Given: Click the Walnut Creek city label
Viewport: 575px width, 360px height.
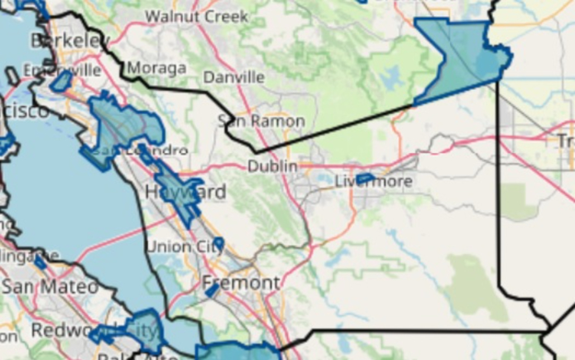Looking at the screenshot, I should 197,16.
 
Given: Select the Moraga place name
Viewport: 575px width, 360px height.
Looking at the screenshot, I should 157,68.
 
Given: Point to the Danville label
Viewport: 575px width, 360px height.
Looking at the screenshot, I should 233,77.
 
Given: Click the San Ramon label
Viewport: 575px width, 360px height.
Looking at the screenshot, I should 261,121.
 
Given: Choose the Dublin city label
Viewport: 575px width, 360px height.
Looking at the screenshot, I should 272,166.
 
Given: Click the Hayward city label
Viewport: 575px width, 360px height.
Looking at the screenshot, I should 185,193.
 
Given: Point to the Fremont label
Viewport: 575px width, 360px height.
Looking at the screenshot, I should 241,283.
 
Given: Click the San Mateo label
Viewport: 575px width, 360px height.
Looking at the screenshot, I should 50,287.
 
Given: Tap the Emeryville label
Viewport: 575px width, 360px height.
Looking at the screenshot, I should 62,70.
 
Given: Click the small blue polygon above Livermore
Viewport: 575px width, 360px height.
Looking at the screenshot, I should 365,178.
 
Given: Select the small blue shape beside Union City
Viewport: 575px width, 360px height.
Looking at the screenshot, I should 218,243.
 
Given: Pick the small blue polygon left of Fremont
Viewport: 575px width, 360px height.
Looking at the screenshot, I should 212,290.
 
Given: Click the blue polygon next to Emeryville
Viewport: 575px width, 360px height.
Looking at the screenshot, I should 61,82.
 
